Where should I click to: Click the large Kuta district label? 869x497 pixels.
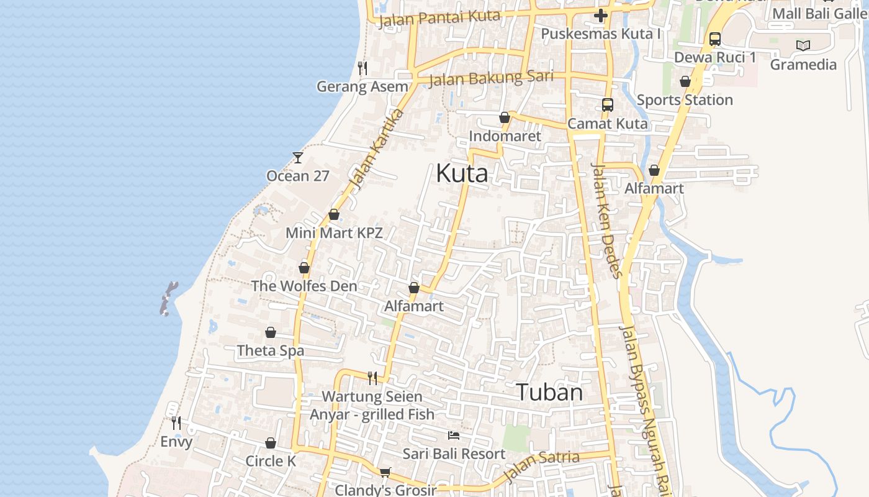click(x=462, y=173)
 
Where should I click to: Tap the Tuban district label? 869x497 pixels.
click(x=549, y=392)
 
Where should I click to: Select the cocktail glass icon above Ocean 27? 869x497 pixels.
click(x=298, y=158)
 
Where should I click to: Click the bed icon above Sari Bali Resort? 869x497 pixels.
click(x=454, y=435)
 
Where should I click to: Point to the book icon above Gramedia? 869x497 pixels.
click(x=803, y=45)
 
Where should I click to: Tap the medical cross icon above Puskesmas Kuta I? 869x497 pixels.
click(x=600, y=16)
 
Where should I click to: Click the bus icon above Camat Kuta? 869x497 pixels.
click(x=607, y=105)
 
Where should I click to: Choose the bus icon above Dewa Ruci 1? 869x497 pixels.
click(x=714, y=39)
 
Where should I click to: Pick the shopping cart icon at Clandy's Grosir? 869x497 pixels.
click(x=385, y=473)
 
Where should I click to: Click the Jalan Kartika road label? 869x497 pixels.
click(x=376, y=149)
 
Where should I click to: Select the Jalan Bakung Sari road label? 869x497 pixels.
click(x=490, y=79)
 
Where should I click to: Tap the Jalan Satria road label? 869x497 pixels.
click(x=541, y=465)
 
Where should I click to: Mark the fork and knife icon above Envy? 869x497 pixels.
click(x=176, y=423)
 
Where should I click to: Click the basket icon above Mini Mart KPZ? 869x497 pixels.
click(x=334, y=215)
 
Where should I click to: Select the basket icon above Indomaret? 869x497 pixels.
click(x=505, y=117)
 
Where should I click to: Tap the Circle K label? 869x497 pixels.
click(x=271, y=461)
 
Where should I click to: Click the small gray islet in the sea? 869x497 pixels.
click(x=169, y=298)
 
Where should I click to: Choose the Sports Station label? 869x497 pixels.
click(x=685, y=100)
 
